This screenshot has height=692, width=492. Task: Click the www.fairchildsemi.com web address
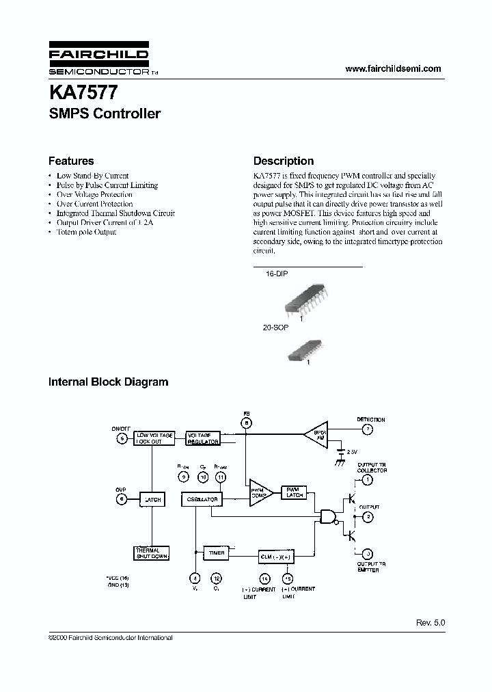[393, 68]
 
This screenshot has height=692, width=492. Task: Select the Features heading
[71, 161]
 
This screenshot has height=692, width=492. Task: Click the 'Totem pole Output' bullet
[86, 232]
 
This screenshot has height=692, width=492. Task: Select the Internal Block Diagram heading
[108, 382]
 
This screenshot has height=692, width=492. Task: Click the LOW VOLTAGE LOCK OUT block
[154, 438]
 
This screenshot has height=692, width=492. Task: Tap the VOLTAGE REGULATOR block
[203, 438]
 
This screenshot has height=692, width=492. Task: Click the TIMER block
[217, 553]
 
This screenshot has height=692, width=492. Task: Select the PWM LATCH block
[295, 492]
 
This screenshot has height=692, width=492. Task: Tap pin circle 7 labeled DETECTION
[367, 430]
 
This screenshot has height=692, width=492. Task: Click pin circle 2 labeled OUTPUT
[367, 517]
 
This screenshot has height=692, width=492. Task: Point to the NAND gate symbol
[327, 517]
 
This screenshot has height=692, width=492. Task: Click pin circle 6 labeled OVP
[122, 500]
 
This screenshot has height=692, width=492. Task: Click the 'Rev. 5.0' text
[430, 624]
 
